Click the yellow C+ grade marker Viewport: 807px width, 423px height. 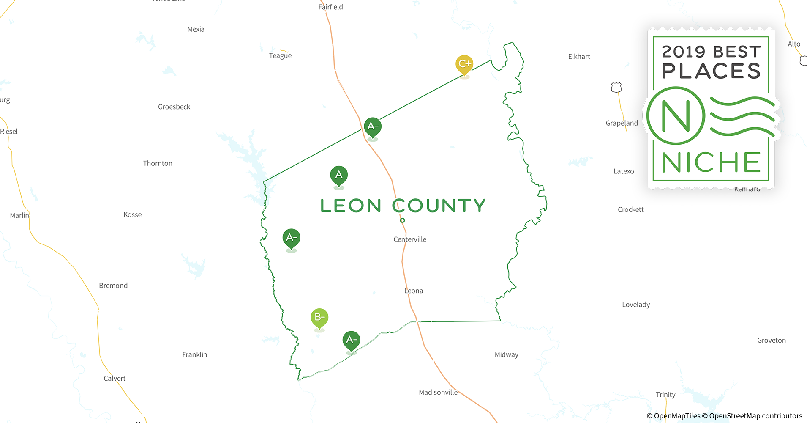[464, 64]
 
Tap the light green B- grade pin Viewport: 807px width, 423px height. [319, 317]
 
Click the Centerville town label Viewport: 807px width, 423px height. [410, 239]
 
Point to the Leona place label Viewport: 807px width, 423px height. [414, 291]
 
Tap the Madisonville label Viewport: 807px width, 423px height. [438, 393]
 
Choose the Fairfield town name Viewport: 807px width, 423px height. [330, 7]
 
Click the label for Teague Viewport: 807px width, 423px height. [280, 56]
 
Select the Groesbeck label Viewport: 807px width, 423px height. [174, 107]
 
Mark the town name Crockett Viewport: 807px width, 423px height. [630, 210]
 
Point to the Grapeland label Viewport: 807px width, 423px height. [622, 123]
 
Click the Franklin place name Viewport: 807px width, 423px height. [194, 354]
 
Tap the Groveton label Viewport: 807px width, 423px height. [771, 341]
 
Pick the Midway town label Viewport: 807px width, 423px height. [506, 355]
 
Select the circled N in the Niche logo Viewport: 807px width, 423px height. [676, 115]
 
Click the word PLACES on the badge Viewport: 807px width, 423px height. [711, 71]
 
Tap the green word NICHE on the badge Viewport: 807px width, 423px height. [711, 162]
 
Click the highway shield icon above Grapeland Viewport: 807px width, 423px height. [616, 88]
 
